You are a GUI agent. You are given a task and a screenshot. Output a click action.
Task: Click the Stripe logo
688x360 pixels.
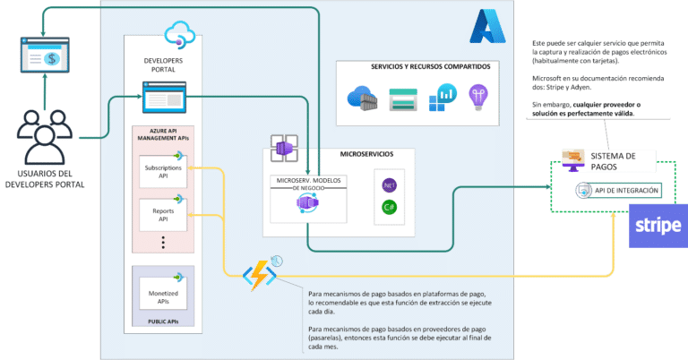658,226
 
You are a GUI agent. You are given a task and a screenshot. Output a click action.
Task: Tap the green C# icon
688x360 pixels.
389,208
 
